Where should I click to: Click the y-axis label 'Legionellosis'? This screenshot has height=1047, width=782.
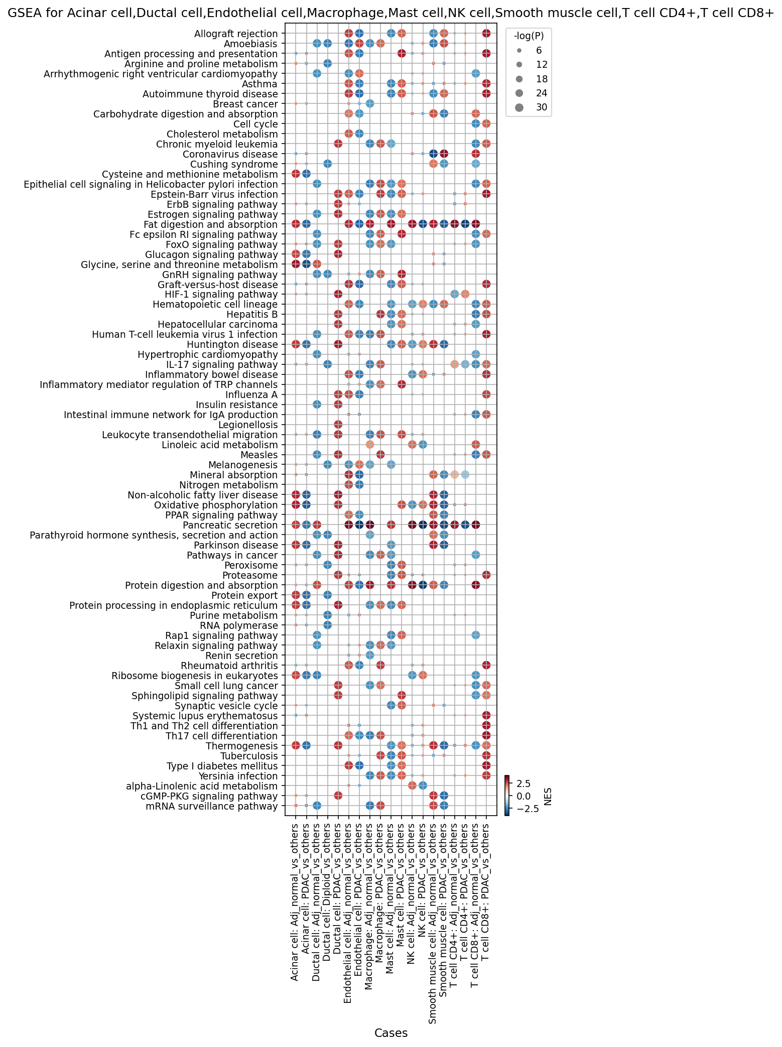pyautogui.click(x=253, y=425)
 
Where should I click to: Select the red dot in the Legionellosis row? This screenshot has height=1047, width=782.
pyautogui.click(x=338, y=425)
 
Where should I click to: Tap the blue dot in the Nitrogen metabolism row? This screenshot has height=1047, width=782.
pyautogui.click(x=359, y=485)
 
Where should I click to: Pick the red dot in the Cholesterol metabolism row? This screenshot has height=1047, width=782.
pyautogui.click(x=348, y=134)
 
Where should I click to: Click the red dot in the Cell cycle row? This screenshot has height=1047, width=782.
pyautogui.click(x=486, y=123)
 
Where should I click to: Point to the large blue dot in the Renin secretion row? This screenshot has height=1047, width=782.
pyautogui.click(x=369, y=655)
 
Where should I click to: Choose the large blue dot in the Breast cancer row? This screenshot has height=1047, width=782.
pyautogui.click(x=369, y=103)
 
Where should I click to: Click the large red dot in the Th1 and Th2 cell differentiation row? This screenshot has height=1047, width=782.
pyautogui.click(x=486, y=725)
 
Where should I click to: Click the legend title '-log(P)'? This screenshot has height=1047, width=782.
pyautogui.click(x=529, y=36)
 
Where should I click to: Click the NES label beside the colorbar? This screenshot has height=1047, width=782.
pyautogui.click(x=548, y=796)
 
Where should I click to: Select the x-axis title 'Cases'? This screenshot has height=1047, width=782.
pyautogui.click(x=391, y=1032)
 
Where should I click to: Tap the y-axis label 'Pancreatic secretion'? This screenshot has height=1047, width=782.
pyautogui.click(x=236, y=525)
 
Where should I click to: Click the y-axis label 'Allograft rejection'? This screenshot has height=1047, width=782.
pyautogui.click(x=236, y=34)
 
